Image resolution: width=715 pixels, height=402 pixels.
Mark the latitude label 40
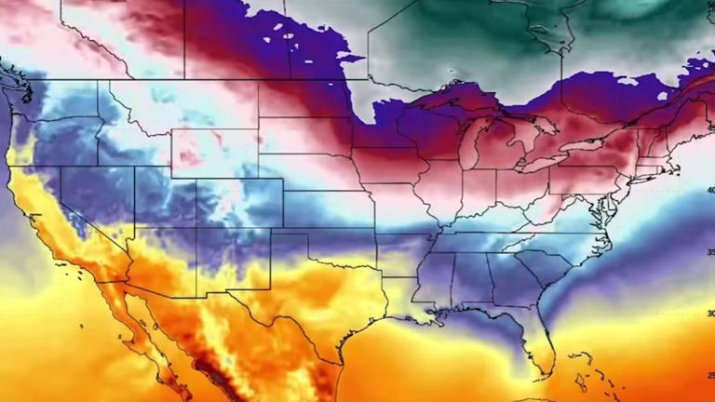[x=710, y=190]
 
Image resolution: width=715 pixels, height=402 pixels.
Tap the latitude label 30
[x=710, y=314]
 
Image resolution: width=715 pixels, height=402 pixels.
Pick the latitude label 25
[x=710, y=375]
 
